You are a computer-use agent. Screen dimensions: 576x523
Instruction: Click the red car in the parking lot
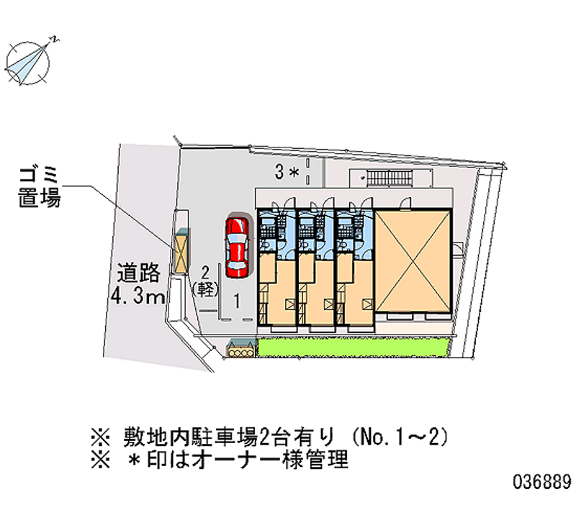pyautogui.click(x=237, y=247)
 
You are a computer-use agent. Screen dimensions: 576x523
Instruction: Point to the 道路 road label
pyautogui.click(x=138, y=273)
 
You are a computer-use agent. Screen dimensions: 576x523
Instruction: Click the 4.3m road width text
pyautogui.click(x=138, y=296)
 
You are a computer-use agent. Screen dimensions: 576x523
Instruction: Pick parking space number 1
pyautogui.click(x=238, y=301)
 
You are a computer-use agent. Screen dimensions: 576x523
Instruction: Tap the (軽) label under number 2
pyautogui.click(x=205, y=289)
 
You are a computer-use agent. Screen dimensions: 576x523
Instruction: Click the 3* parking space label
pyautogui.click(x=287, y=172)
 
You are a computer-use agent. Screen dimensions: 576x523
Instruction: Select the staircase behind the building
pyautogui.click(x=390, y=178)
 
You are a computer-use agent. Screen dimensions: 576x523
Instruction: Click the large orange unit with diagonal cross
pyautogui.click(x=413, y=261)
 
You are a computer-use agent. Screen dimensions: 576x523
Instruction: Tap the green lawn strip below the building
pyautogui.click(x=354, y=347)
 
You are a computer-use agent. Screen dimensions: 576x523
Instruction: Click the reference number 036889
pyautogui.click(x=542, y=481)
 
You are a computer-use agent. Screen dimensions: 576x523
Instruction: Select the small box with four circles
pyautogui.click(x=241, y=350)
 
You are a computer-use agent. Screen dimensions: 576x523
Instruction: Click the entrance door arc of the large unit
pyautogui.click(x=405, y=203)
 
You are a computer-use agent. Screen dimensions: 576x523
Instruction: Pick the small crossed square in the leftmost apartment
pyautogui.click(x=290, y=304)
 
